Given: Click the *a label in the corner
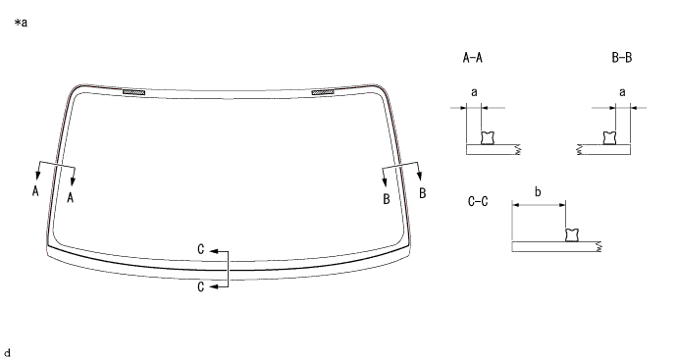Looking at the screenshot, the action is tap(21, 23).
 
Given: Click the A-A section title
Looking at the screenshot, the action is tap(472, 58).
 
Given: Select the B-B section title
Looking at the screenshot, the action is tap(622, 58).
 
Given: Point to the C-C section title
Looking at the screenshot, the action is tap(478, 201).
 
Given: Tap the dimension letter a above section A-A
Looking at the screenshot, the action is tap(474, 92).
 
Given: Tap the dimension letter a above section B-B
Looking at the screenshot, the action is tap(622, 92).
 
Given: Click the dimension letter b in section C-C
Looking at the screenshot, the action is tap(538, 191).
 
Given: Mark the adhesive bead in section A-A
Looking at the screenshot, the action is tap(488, 138).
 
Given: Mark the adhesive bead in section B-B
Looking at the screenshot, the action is tap(609, 138).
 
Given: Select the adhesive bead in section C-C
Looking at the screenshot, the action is tap(572, 234).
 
